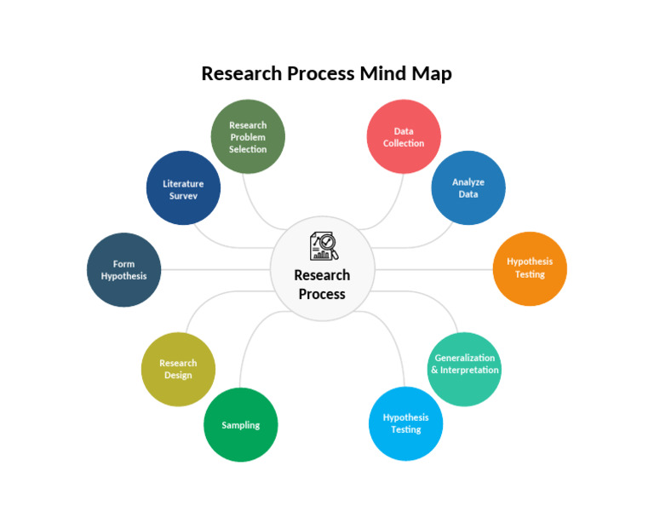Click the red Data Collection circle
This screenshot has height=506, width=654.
[404, 136]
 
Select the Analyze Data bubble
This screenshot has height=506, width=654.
[468, 187]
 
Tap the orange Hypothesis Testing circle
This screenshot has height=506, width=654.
[530, 268]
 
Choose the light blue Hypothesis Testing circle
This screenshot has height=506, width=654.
[406, 423]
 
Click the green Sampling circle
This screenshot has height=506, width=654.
[241, 425]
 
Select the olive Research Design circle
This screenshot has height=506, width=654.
[178, 369]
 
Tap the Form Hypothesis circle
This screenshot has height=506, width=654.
[124, 270]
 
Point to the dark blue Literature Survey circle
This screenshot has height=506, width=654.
[183, 188]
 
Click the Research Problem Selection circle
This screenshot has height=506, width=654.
[248, 136]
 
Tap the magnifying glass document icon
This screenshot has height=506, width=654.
[323, 245]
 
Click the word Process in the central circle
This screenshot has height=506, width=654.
[322, 294]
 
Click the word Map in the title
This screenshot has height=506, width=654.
[433, 73]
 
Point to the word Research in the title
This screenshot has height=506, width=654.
[240, 73]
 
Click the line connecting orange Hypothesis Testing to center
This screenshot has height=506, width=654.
[434, 269]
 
